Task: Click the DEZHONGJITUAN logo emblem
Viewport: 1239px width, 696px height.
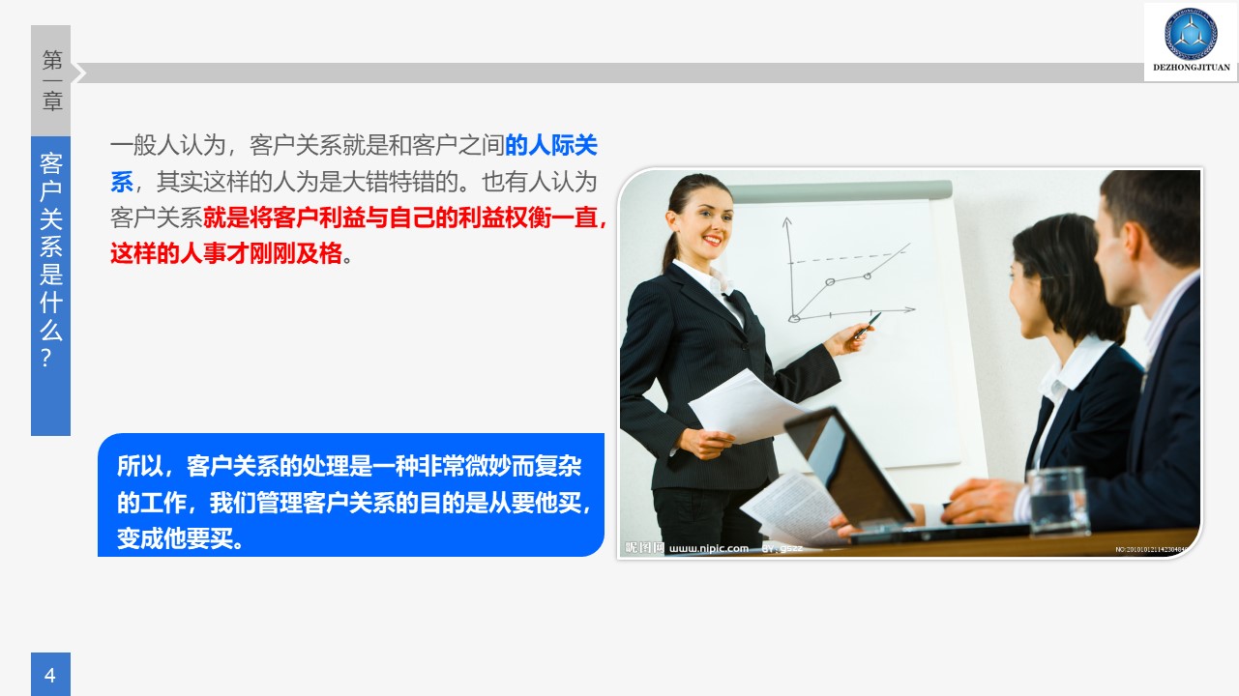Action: [1191, 33]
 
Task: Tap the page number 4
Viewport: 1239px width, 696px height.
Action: [50, 675]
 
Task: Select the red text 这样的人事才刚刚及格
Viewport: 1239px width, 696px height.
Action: [226, 254]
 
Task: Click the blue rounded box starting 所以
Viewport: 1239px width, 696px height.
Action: [351, 495]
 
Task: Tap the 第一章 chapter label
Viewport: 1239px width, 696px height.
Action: [51, 80]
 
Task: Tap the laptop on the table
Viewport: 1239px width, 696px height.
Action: [851, 474]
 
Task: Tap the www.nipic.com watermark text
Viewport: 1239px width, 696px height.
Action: [709, 548]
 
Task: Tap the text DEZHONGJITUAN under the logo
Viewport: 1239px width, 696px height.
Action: [1191, 68]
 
